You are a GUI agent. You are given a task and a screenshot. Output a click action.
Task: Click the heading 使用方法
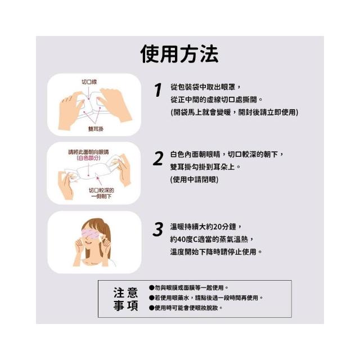pos(179,54)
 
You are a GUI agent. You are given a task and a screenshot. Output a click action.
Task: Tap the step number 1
pos(158,90)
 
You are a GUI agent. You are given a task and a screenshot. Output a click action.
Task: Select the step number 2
pos(158,159)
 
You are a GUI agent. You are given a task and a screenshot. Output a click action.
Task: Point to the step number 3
pos(158,229)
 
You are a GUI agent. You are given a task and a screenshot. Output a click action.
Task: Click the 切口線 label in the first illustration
pos(89,82)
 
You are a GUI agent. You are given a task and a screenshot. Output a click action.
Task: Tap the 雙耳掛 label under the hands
pos(96,129)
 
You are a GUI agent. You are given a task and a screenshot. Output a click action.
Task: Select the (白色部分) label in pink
pos(88,158)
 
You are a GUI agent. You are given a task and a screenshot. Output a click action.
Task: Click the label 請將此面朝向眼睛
pos(88,152)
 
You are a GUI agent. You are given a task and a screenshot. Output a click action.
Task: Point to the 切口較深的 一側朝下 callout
pos(101,193)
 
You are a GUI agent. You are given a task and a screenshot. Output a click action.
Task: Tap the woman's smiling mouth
pos(89,242)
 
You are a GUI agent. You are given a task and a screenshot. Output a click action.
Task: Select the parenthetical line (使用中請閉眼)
pos(194,179)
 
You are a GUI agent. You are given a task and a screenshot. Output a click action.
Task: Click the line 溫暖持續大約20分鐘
pos(206,227)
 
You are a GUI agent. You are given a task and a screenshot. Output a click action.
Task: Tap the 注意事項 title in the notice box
pos(125,299)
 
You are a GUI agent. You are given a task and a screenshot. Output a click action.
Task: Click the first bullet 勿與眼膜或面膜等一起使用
pos(189,287)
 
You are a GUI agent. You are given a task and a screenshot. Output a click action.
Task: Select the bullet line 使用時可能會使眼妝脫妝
pos(186,308)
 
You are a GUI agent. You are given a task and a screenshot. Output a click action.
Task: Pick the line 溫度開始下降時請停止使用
pos(216,252)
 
